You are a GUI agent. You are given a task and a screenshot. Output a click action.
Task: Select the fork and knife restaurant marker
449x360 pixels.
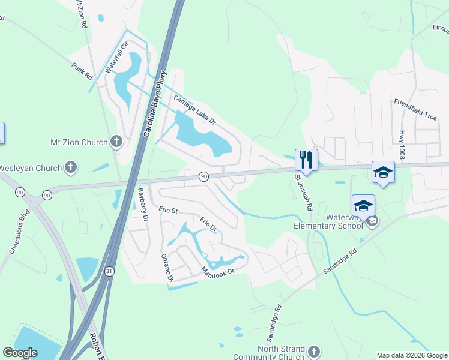pyautogui.click(x=306, y=160)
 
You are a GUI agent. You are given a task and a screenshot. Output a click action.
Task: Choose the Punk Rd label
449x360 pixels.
pyautogui.click(x=82, y=71)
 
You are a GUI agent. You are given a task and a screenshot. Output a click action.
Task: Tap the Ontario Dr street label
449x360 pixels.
pyautogui.click(x=167, y=268)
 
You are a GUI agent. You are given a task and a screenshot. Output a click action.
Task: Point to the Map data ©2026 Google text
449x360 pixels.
pyautogui.click(x=412, y=355)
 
